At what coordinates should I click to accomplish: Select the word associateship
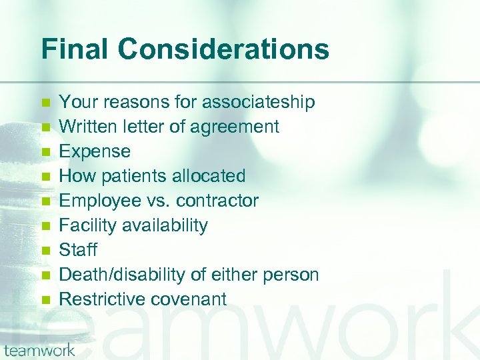click(259, 102)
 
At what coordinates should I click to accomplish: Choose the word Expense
click(95, 151)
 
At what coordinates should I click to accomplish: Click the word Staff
click(78, 250)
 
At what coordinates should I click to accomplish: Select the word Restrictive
click(101, 299)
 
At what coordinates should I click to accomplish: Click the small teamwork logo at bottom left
click(39, 349)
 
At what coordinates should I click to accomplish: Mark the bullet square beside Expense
click(45, 152)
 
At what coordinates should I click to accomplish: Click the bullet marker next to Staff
click(45, 251)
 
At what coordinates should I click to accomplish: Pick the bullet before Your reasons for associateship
click(45, 103)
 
